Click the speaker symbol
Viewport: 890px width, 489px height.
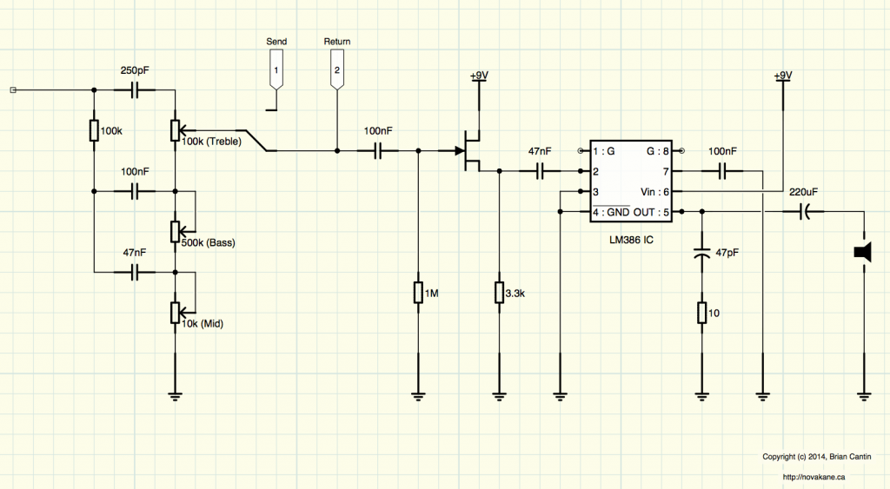tap(863, 253)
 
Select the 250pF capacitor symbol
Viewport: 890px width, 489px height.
tap(135, 89)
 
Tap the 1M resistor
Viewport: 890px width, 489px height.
tap(418, 293)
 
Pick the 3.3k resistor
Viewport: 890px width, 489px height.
tap(500, 293)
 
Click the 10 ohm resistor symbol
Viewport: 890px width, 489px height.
tap(702, 313)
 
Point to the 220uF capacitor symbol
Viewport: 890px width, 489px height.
tap(804, 212)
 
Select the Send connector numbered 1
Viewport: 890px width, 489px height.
tap(276, 69)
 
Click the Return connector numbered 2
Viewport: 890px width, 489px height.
tap(337, 69)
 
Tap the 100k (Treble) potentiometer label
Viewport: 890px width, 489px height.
tap(212, 142)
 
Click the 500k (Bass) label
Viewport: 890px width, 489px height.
tap(209, 243)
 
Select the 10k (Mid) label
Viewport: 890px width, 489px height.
tap(203, 324)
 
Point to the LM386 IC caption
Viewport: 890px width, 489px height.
tap(631, 240)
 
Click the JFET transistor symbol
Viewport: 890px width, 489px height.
tap(468, 151)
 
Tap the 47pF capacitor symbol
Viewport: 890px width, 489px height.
tap(702, 253)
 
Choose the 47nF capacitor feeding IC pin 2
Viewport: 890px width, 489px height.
tap(540, 171)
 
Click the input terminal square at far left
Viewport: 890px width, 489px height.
tap(13, 89)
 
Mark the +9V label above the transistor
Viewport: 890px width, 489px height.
tap(479, 76)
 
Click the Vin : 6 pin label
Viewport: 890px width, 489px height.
tap(655, 192)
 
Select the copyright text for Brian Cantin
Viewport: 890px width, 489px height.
tap(817, 457)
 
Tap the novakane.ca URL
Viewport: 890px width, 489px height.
tap(814, 477)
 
